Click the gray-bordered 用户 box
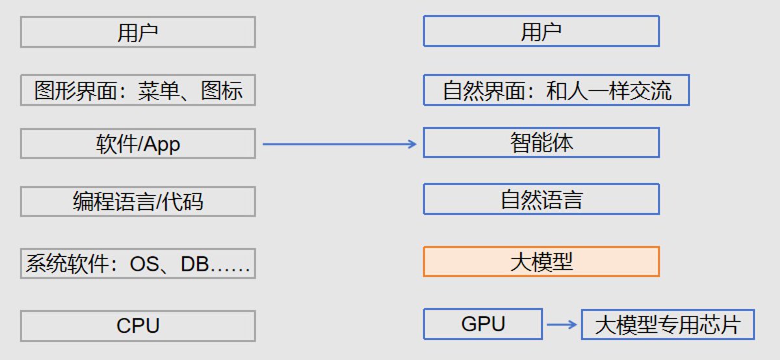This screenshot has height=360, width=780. [138, 32]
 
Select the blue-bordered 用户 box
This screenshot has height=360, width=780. [541, 31]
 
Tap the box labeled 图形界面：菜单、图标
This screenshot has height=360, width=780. [138, 90]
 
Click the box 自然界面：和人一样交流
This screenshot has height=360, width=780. [556, 90]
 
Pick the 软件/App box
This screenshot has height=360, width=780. [138, 144]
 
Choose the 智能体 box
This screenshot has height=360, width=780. [541, 142]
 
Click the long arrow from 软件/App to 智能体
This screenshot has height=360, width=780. [339, 144]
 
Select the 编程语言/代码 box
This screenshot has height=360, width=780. [138, 201]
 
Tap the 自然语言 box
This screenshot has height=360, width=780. [541, 199]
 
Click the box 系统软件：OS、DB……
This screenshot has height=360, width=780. [138, 264]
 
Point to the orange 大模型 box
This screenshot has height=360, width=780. [541, 262]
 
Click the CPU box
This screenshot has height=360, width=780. [138, 326]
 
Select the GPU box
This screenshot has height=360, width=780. [482, 324]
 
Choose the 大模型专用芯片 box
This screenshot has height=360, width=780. [668, 324]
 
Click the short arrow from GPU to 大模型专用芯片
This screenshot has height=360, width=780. [562, 324]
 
